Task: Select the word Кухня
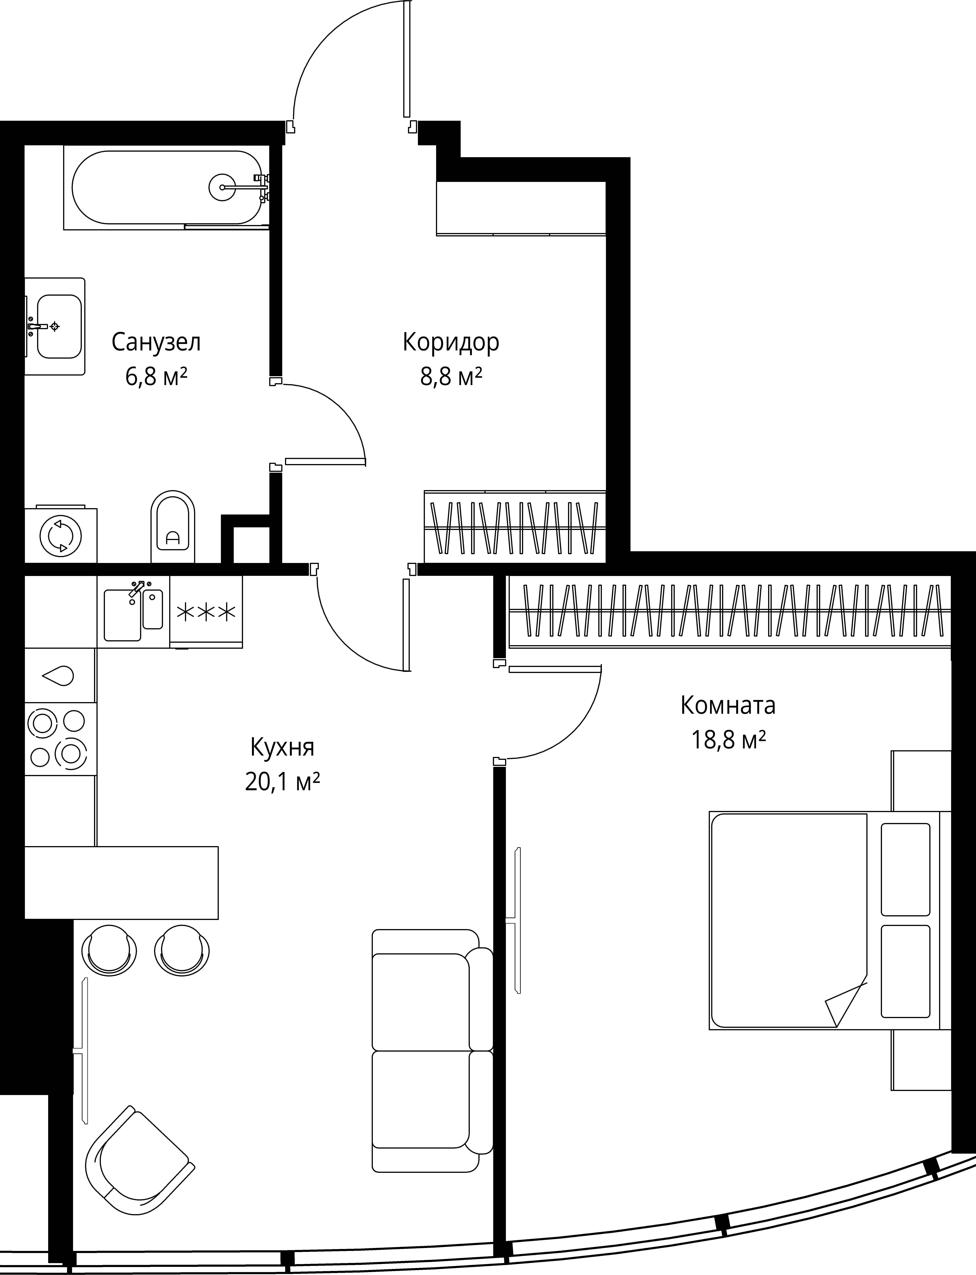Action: pyautogui.click(x=282, y=747)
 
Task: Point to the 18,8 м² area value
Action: pyautogui.click(x=728, y=740)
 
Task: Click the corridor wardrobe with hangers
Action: pyautogui.click(x=515, y=527)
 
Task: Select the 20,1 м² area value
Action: pyautogui.click(x=282, y=782)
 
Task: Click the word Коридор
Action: pyautogui.click(x=451, y=342)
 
